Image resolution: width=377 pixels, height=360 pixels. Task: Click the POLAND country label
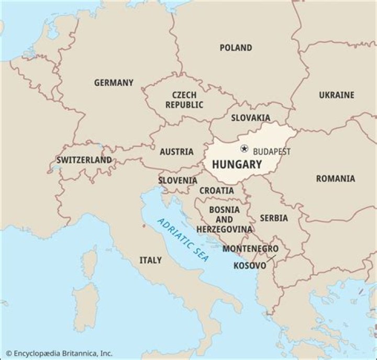[236, 48]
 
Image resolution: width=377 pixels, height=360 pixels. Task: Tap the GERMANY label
[114, 83]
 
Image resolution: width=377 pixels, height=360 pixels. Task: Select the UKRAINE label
[337, 95]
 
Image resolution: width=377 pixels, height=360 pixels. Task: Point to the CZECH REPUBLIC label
[184, 100]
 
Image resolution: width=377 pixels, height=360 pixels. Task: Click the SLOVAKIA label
[251, 118]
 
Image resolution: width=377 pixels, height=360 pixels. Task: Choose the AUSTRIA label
[176, 152]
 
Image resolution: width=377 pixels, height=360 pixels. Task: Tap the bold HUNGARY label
[237, 164]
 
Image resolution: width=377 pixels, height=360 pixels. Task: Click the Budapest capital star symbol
[244, 149]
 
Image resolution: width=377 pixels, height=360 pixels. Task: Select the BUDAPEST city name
[271, 151]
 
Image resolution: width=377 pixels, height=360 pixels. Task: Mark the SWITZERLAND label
[84, 160]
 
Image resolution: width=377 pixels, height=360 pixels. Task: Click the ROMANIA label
[335, 178]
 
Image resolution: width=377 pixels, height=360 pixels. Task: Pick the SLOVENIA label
[178, 181]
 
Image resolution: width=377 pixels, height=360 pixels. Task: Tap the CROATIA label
[217, 190]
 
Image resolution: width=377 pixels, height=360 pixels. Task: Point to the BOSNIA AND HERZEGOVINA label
[224, 219]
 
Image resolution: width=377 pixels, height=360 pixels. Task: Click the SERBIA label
[274, 218]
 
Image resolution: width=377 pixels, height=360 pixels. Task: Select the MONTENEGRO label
[250, 249]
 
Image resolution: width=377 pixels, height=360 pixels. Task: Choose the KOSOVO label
[250, 265]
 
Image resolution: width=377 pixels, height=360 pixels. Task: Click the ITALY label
[150, 260]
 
